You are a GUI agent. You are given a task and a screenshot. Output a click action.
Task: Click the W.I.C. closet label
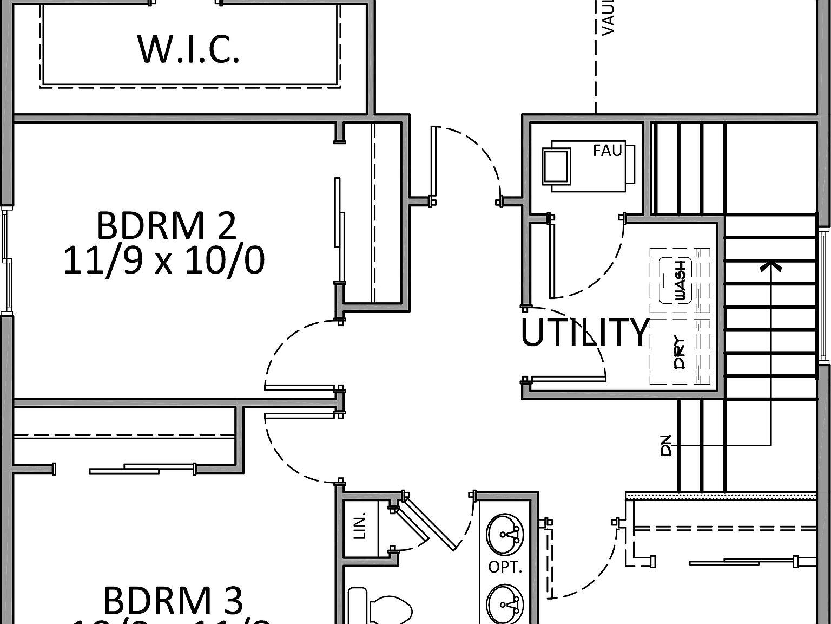click(x=189, y=49)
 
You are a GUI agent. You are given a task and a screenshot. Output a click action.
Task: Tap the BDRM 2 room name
click(x=166, y=226)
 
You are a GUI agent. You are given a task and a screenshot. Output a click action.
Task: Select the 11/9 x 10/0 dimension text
click(x=164, y=261)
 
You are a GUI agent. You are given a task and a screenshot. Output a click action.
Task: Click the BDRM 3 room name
click(x=173, y=601)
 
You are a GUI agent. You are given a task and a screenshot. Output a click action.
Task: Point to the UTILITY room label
click(x=584, y=332)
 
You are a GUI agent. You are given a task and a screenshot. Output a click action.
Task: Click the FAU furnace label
click(x=607, y=150)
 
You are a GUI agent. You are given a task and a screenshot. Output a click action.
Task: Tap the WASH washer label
click(x=680, y=280)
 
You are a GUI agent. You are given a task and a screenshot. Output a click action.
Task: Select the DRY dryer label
click(x=680, y=353)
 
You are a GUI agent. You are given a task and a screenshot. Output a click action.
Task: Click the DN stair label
click(x=667, y=445)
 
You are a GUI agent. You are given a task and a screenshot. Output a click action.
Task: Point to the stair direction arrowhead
click(x=770, y=265)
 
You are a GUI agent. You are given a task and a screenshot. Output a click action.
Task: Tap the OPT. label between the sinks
click(x=505, y=567)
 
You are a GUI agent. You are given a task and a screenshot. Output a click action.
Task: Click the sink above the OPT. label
click(x=505, y=534)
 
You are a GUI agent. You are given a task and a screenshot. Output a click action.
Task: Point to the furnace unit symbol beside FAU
click(x=556, y=166)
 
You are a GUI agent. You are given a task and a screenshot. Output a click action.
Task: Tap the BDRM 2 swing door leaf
click(x=299, y=387)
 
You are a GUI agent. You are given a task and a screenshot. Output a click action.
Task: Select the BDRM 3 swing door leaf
click(x=299, y=415)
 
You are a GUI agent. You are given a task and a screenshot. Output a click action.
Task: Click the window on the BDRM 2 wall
click(x=6, y=260)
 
